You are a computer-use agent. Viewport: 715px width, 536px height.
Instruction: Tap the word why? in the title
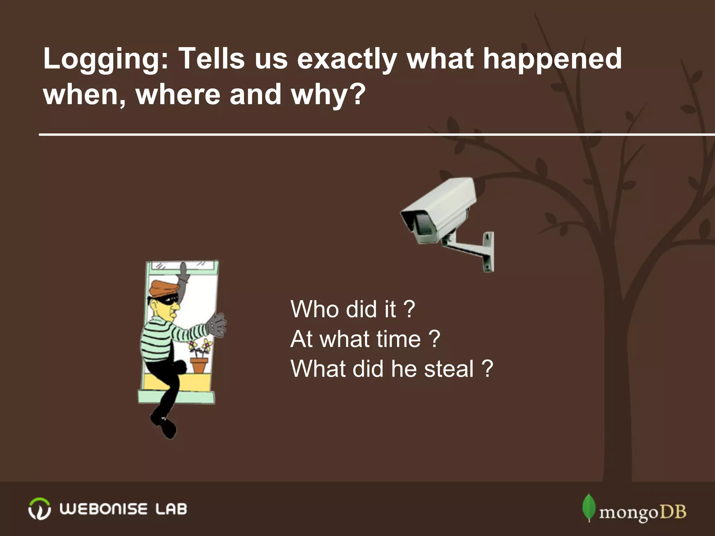[328, 94]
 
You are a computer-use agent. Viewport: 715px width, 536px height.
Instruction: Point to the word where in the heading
[178, 94]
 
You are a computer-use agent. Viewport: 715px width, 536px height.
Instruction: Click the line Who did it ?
[353, 309]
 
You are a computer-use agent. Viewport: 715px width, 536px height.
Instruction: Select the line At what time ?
[365, 339]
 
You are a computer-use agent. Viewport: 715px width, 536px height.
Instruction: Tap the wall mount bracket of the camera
[487, 251]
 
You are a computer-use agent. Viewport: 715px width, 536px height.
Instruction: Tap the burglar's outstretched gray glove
[216, 325]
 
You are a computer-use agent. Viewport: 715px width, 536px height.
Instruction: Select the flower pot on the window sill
[199, 365]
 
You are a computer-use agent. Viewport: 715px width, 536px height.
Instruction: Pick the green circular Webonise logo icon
[39, 509]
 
